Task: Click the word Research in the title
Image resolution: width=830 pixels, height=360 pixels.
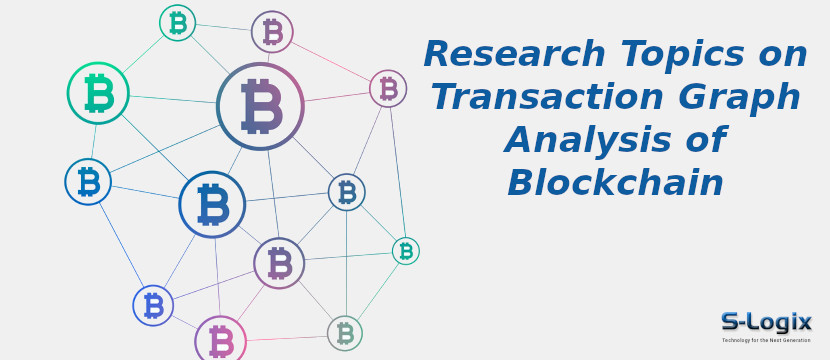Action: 514,54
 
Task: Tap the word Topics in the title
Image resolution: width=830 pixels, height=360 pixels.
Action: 685,54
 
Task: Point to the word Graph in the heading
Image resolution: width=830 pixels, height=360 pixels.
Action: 741,97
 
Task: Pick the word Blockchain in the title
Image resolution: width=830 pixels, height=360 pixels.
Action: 615,183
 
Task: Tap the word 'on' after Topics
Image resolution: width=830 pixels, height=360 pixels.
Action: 784,54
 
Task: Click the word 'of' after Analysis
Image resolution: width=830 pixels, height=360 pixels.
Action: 701,140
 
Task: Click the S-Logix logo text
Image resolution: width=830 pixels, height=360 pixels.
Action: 766,321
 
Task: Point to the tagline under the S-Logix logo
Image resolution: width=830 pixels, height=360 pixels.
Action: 766,341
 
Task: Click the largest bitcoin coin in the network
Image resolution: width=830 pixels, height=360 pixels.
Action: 260,106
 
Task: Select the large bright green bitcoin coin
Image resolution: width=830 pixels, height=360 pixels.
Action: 98,93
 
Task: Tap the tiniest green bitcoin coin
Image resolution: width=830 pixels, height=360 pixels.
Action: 405,251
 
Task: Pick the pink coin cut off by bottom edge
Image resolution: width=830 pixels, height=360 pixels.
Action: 220,339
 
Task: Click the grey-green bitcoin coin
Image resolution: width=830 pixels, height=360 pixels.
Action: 345,333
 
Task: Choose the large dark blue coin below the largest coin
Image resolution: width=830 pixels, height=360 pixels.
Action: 212,205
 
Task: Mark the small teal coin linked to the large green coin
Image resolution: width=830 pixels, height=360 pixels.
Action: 177,23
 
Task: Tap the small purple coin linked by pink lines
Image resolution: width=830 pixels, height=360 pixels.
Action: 388,88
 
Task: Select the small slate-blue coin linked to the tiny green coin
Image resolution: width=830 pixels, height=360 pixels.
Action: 347,192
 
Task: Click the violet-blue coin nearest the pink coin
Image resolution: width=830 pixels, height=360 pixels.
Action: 153,305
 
